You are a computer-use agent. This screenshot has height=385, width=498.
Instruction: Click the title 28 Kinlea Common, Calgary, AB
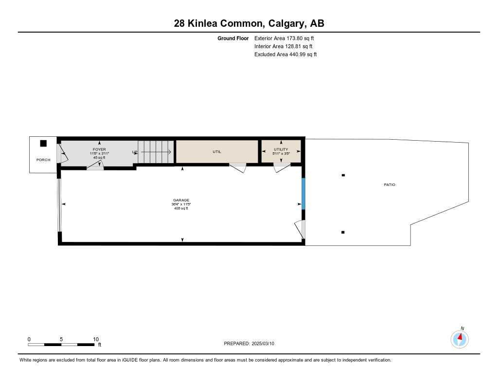249,23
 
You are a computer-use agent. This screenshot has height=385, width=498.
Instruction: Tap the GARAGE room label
181,200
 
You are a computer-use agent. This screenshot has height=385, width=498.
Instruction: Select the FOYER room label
99,149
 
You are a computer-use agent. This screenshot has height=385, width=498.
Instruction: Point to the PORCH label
43,160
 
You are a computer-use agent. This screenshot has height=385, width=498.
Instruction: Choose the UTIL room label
217,152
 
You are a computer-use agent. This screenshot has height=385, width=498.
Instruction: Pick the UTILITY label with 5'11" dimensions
281,149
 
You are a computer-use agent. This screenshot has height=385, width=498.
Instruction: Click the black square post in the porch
43,143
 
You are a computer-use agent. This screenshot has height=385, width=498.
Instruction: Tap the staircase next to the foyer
155,152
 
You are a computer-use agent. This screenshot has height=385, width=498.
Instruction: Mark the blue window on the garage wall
303,193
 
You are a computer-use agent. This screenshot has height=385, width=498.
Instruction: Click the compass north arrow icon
460,338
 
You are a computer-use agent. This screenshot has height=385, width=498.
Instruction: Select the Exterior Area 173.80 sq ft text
281,38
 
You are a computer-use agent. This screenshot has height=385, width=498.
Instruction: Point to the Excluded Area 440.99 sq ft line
285,55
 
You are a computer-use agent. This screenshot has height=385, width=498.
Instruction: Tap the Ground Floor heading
233,38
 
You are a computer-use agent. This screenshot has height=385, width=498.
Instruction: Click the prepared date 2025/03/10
249,343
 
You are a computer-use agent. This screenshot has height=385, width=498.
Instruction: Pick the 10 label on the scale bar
96,339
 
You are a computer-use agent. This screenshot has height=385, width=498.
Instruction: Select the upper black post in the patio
343,175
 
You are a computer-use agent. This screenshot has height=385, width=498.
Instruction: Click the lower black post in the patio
343,232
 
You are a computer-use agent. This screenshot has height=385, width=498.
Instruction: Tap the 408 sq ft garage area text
181,208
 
